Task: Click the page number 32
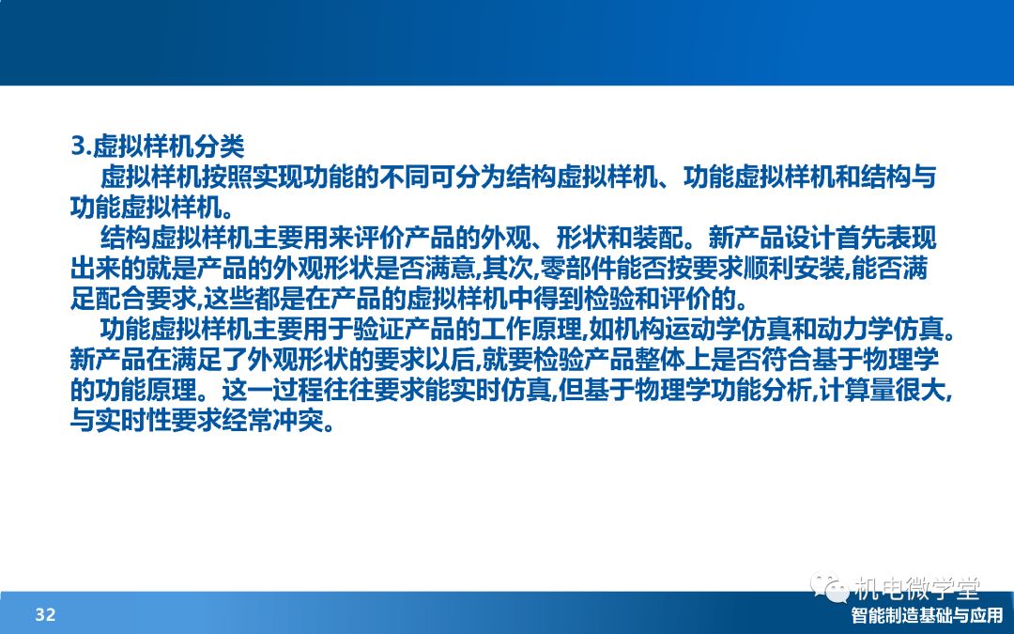click(45, 614)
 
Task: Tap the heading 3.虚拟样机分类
click(157, 147)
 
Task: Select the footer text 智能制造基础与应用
click(927, 615)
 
